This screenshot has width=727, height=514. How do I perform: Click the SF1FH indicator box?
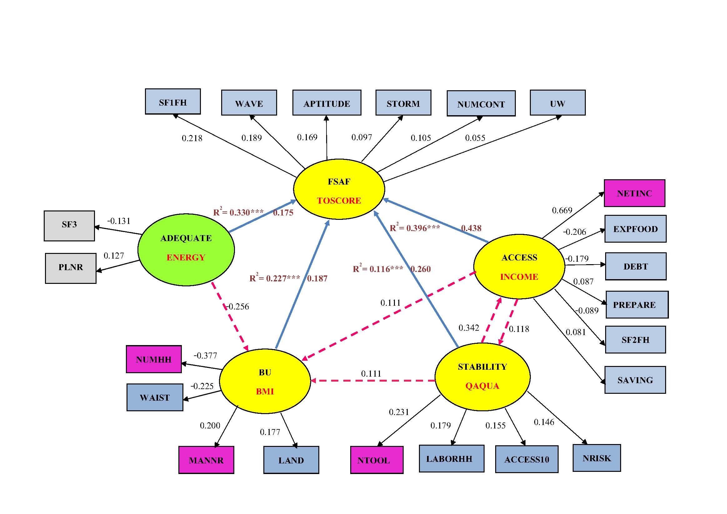[x=172, y=101]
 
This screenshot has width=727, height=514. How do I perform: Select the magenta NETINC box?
[x=634, y=193]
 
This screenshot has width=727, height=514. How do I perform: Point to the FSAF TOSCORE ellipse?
[x=339, y=189]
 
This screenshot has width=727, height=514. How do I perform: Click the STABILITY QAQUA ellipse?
[x=482, y=377]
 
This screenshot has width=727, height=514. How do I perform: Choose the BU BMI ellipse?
[x=265, y=381]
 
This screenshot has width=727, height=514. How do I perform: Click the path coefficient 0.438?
[x=471, y=228]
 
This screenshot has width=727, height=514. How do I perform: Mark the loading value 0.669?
[x=562, y=210]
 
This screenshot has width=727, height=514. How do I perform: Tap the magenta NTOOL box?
[x=376, y=460]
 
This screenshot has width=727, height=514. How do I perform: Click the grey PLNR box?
[x=71, y=268]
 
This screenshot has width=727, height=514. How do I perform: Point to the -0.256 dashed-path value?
[x=238, y=306]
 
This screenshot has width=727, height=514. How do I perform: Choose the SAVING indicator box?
[x=635, y=380]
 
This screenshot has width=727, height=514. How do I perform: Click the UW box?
[x=557, y=102]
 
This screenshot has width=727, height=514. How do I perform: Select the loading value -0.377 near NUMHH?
[x=206, y=355]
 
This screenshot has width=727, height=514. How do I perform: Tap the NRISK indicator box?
[x=596, y=458]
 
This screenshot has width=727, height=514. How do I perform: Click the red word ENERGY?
[x=186, y=257]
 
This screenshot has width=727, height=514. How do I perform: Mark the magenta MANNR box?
[x=206, y=460]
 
